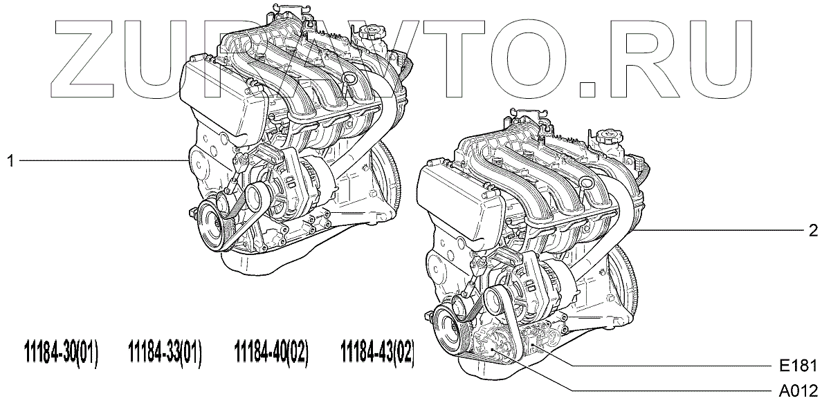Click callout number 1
[x=10, y=161]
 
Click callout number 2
[x=813, y=230]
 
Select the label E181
[x=798, y=366]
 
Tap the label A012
[x=798, y=391]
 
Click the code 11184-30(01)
[x=62, y=353]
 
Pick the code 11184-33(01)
[x=165, y=353]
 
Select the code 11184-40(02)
[x=272, y=353]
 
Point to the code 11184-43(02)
[x=378, y=353]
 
